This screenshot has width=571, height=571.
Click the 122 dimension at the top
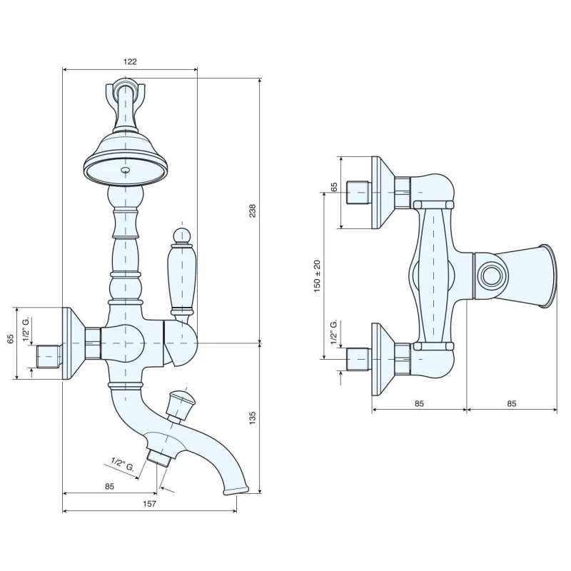click(130, 61)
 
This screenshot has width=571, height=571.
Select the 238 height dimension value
click(253, 211)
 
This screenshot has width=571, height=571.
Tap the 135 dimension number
click(253, 418)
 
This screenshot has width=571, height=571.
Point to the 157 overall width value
click(149, 504)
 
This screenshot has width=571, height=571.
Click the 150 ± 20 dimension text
click(317, 276)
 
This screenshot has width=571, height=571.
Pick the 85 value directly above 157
click(109, 486)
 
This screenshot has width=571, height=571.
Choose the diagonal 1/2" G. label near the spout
click(123, 465)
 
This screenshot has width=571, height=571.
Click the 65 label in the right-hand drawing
click(334, 187)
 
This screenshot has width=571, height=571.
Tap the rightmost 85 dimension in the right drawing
click(512, 403)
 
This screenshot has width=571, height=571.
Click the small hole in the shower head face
click(126, 170)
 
